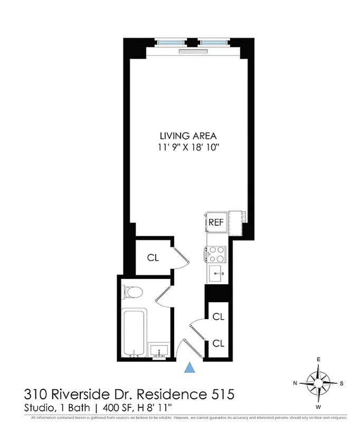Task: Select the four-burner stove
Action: [x=216, y=254]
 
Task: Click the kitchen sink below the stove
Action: [x=216, y=273]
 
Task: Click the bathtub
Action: [x=133, y=331]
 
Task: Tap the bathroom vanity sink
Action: [x=159, y=350]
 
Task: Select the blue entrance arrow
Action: [x=190, y=367]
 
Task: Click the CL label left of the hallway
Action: [x=153, y=257]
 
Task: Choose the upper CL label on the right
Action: [x=219, y=316]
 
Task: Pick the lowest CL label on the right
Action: [x=219, y=343]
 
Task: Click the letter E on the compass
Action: [x=319, y=360]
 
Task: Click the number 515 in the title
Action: [x=218, y=394]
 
